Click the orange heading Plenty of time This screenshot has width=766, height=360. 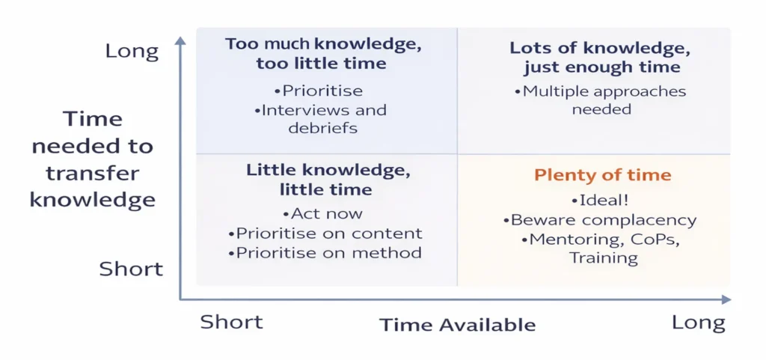(x=602, y=175)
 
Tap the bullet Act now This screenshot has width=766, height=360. (x=322, y=213)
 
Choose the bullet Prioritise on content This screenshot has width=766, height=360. (x=325, y=234)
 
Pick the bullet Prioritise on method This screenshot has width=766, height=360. (x=325, y=252)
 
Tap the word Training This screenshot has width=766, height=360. (x=604, y=257)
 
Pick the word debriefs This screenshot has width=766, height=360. (x=323, y=128)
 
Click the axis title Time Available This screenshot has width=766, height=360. (x=457, y=326)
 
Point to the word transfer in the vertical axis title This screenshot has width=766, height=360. (x=93, y=173)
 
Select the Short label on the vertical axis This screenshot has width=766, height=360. (x=131, y=269)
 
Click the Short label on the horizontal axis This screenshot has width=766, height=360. (x=232, y=323)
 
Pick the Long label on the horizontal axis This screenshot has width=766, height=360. (x=699, y=323)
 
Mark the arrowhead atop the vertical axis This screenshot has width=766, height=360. (x=180, y=40)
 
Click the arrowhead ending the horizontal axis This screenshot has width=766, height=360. (x=726, y=299)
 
